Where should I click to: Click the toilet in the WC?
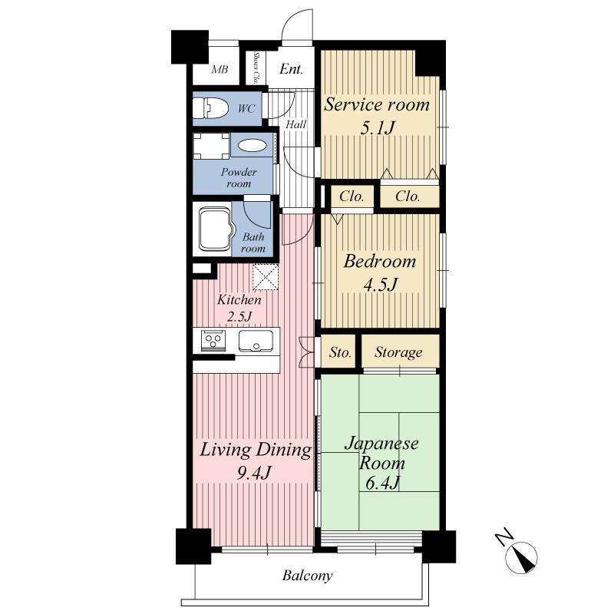pyautogui.click(x=212, y=108)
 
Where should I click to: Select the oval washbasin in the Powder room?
pyautogui.click(x=252, y=145)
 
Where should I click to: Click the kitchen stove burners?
pyautogui.click(x=213, y=341)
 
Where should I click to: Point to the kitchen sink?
pyautogui.click(x=255, y=342)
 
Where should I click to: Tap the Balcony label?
pyautogui.click(x=307, y=576)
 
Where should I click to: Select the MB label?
pyautogui.click(x=220, y=71)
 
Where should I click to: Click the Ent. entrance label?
pyautogui.click(x=291, y=70)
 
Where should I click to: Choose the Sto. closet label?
pyautogui.click(x=340, y=353)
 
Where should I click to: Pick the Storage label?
pyautogui.click(x=398, y=353)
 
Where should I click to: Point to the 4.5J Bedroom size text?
pyautogui.click(x=379, y=285)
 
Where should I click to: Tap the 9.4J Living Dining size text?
pyautogui.click(x=254, y=472)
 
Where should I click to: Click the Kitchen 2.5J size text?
pyautogui.click(x=239, y=315)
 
